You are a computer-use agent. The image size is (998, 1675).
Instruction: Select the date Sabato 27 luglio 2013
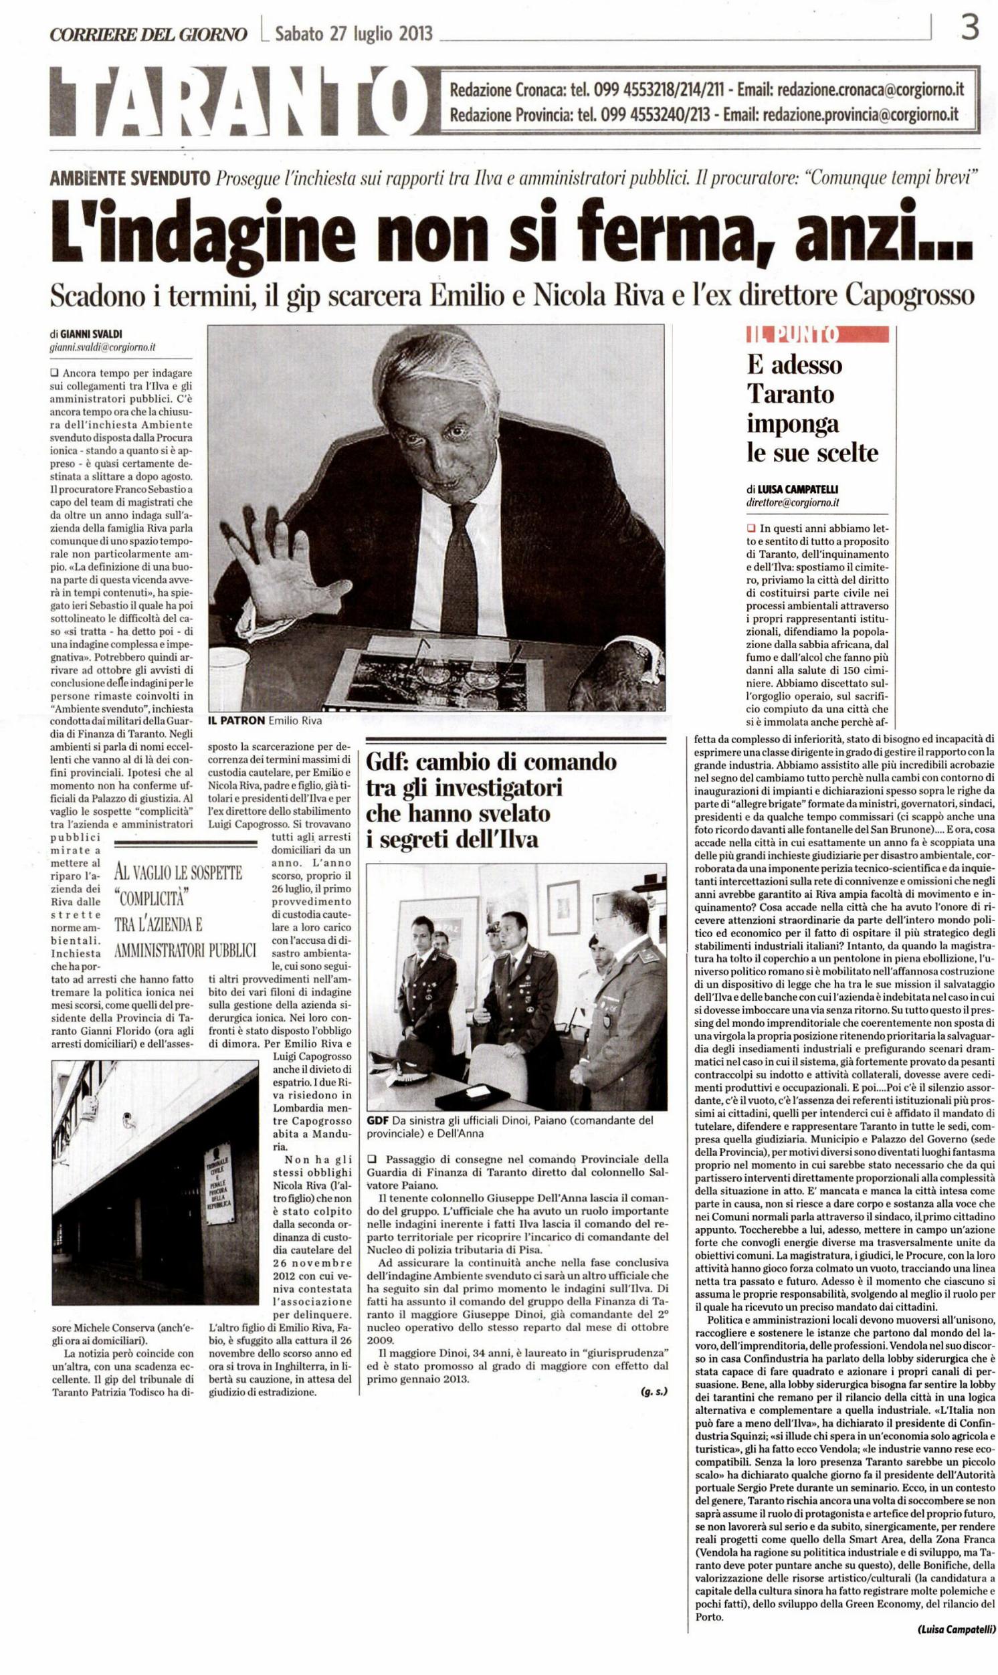(x=353, y=33)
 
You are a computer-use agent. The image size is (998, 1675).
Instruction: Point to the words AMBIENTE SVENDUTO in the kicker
(x=130, y=178)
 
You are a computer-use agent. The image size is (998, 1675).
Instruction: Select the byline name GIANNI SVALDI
(x=93, y=334)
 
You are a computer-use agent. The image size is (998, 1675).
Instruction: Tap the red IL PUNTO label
(x=817, y=334)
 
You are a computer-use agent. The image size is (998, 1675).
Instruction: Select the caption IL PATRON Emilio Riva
(x=265, y=721)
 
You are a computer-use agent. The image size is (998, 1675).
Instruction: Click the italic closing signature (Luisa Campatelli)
(x=956, y=1660)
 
